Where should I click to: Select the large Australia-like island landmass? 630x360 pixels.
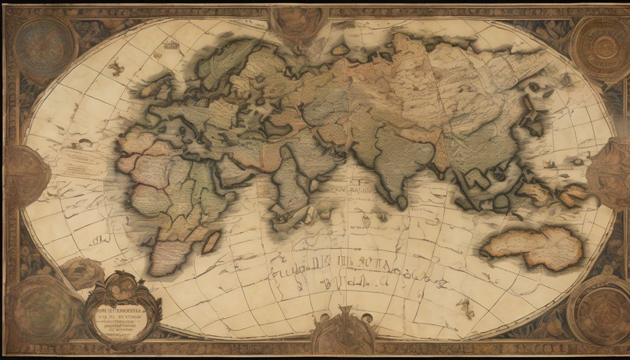[x=532, y=247]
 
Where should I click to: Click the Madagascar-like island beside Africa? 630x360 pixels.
[x=212, y=241]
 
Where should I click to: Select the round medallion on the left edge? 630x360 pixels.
[x=25, y=176]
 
